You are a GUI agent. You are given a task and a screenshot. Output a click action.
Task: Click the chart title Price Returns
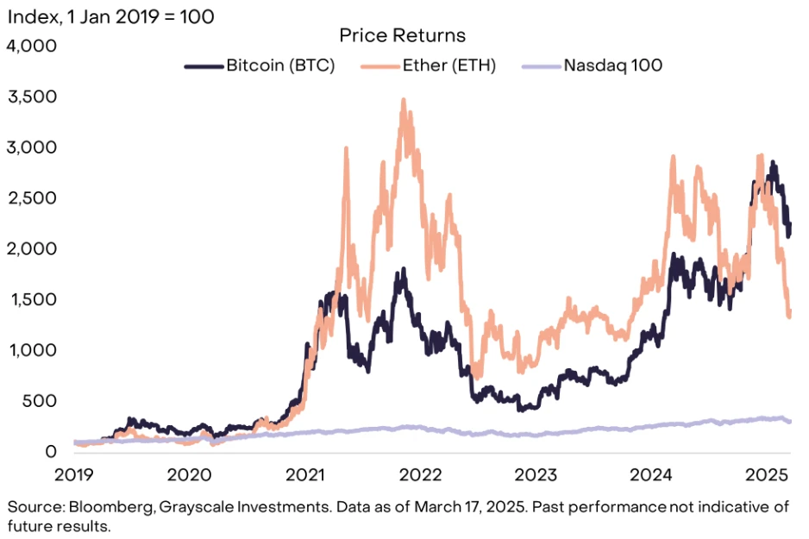point(402,35)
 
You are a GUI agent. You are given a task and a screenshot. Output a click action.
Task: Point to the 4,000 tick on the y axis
point(31,46)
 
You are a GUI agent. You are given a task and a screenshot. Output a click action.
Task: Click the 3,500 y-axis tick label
point(31,97)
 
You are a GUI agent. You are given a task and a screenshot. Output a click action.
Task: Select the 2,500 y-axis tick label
point(31,198)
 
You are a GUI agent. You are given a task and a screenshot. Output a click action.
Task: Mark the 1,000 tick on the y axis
point(31,350)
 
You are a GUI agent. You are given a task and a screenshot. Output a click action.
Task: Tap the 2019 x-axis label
point(74,475)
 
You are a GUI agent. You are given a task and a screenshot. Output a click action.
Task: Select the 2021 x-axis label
point(305,475)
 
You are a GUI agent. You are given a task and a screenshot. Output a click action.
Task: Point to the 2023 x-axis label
point(536,475)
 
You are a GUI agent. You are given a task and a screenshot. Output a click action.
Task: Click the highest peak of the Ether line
point(404,100)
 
